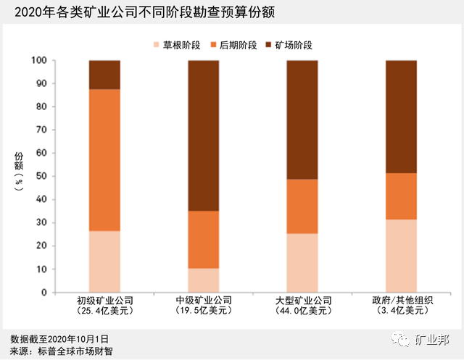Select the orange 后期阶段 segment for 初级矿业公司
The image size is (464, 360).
(104, 160)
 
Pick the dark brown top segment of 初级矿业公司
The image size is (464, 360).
(104, 75)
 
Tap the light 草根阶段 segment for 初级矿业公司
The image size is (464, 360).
(104, 261)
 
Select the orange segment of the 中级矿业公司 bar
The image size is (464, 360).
(203, 240)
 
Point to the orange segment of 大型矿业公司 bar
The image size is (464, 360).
(302, 206)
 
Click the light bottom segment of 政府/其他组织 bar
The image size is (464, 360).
(401, 256)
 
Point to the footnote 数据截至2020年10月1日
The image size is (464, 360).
(59, 339)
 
